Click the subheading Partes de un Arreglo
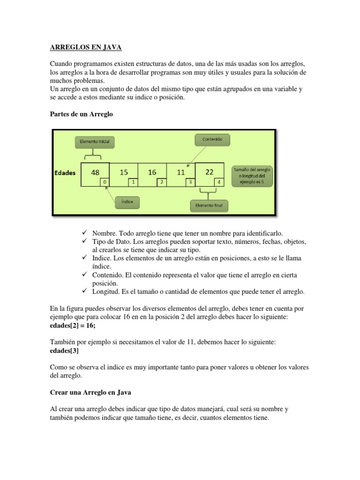[x=81, y=114]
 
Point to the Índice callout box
[x=127, y=202]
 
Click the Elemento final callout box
[x=209, y=205]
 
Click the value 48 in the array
[x=95, y=172]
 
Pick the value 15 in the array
[x=124, y=172]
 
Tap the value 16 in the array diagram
[x=152, y=172]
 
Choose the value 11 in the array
[x=180, y=172]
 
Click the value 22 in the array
[x=209, y=172]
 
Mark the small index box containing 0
[x=105, y=182]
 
